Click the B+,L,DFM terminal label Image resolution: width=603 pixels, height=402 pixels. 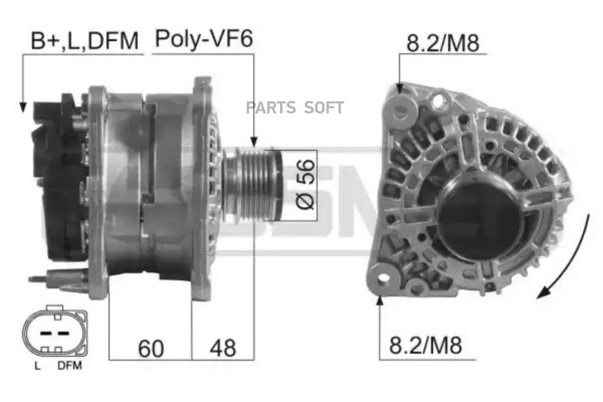click(x=84, y=41)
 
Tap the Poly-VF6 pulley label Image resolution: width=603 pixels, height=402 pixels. click(x=204, y=39)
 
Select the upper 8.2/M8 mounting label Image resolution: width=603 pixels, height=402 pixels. click(x=443, y=43)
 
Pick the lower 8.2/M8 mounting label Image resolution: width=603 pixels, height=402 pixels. click(x=425, y=345)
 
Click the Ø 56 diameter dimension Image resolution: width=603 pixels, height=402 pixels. click(x=306, y=184)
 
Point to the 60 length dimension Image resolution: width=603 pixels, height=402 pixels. click(x=151, y=348)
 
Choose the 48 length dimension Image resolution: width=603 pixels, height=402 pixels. click(x=222, y=348)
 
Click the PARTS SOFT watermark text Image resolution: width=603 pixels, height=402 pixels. click(x=295, y=108)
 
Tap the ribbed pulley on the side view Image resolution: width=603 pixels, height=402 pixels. click(x=253, y=186)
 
